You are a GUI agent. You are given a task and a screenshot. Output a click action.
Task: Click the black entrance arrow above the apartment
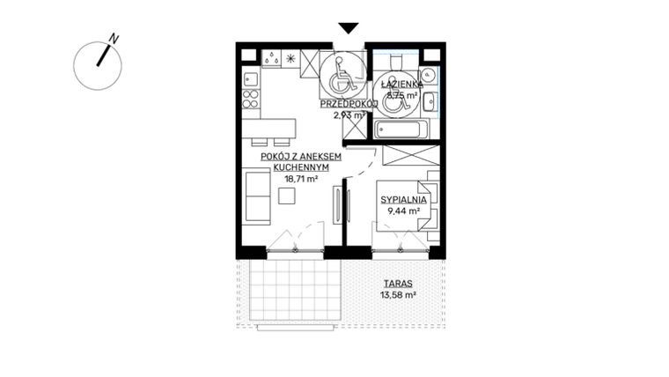(x=349, y=28)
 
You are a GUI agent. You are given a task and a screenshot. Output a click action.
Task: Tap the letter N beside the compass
(x=114, y=39)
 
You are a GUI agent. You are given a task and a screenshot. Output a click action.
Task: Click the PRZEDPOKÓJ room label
(x=349, y=104)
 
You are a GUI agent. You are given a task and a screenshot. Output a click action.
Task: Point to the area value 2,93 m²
(x=348, y=115)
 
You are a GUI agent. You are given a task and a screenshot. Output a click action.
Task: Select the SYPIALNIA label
(x=403, y=200)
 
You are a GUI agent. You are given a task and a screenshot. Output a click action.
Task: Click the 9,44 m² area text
(x=403, y=211)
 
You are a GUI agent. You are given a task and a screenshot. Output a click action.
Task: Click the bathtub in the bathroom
(x=401, y=131)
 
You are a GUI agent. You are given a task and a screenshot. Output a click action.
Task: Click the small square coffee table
(x=287, y=196)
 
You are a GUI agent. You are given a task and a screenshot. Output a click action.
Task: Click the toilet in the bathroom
(x=393, y=62)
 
